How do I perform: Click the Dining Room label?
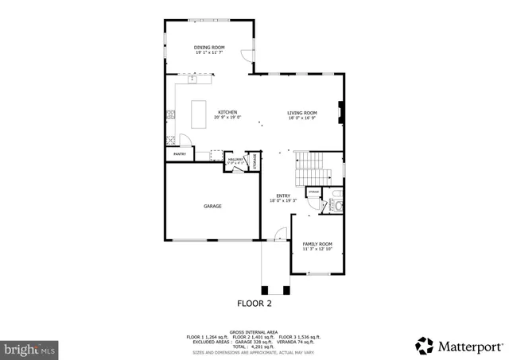click(x=209, y=48)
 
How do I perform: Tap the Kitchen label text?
click(x=227, y=112)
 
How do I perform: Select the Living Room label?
click(x=302, y=112)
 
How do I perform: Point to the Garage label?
click(x=212, y=206)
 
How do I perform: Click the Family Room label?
click(x=317, y=244)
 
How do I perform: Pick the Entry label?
click(x=282, y=195)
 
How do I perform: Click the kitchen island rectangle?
click(x=199, y=114)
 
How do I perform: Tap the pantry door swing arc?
click(x=184, y=140)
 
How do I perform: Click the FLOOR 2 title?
click(x=254, y=303)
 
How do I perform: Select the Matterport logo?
click(x=459, y=346)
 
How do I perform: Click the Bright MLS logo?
click(x=29, y=347)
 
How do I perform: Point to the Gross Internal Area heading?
click(x=254, y=331)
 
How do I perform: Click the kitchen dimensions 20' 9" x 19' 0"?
click(x=227, y=118)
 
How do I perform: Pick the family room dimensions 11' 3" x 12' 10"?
click(x=317, y=250)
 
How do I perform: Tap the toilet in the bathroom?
click(x=337, y=207)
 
